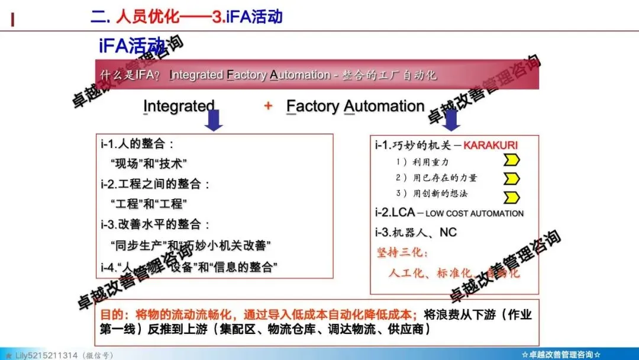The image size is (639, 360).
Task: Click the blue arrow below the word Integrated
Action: [214, 120]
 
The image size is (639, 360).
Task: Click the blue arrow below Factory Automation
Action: [453, 120]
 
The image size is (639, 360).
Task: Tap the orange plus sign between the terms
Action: [268, 106]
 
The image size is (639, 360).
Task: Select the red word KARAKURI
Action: [490, 145]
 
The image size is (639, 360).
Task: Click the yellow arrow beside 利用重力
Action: [511, 160]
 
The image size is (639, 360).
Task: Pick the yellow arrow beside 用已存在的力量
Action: [511, 178]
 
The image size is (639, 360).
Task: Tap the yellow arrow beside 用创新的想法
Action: [511, 196]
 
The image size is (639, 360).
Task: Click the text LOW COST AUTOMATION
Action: [475, 213]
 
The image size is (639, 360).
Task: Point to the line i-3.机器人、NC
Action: [415, 232]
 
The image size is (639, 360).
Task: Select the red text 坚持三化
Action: [403, 253]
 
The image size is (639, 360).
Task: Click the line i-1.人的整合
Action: [137, 144]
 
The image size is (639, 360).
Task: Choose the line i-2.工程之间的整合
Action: [155, 184]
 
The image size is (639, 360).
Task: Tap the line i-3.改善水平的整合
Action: [155, 224]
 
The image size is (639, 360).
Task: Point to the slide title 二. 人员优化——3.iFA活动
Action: [186, 16]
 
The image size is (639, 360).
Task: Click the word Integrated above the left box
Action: [179, 106]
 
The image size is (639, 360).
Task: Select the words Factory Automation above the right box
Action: [355, 106]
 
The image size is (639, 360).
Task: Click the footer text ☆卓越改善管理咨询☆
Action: [561, 354]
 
